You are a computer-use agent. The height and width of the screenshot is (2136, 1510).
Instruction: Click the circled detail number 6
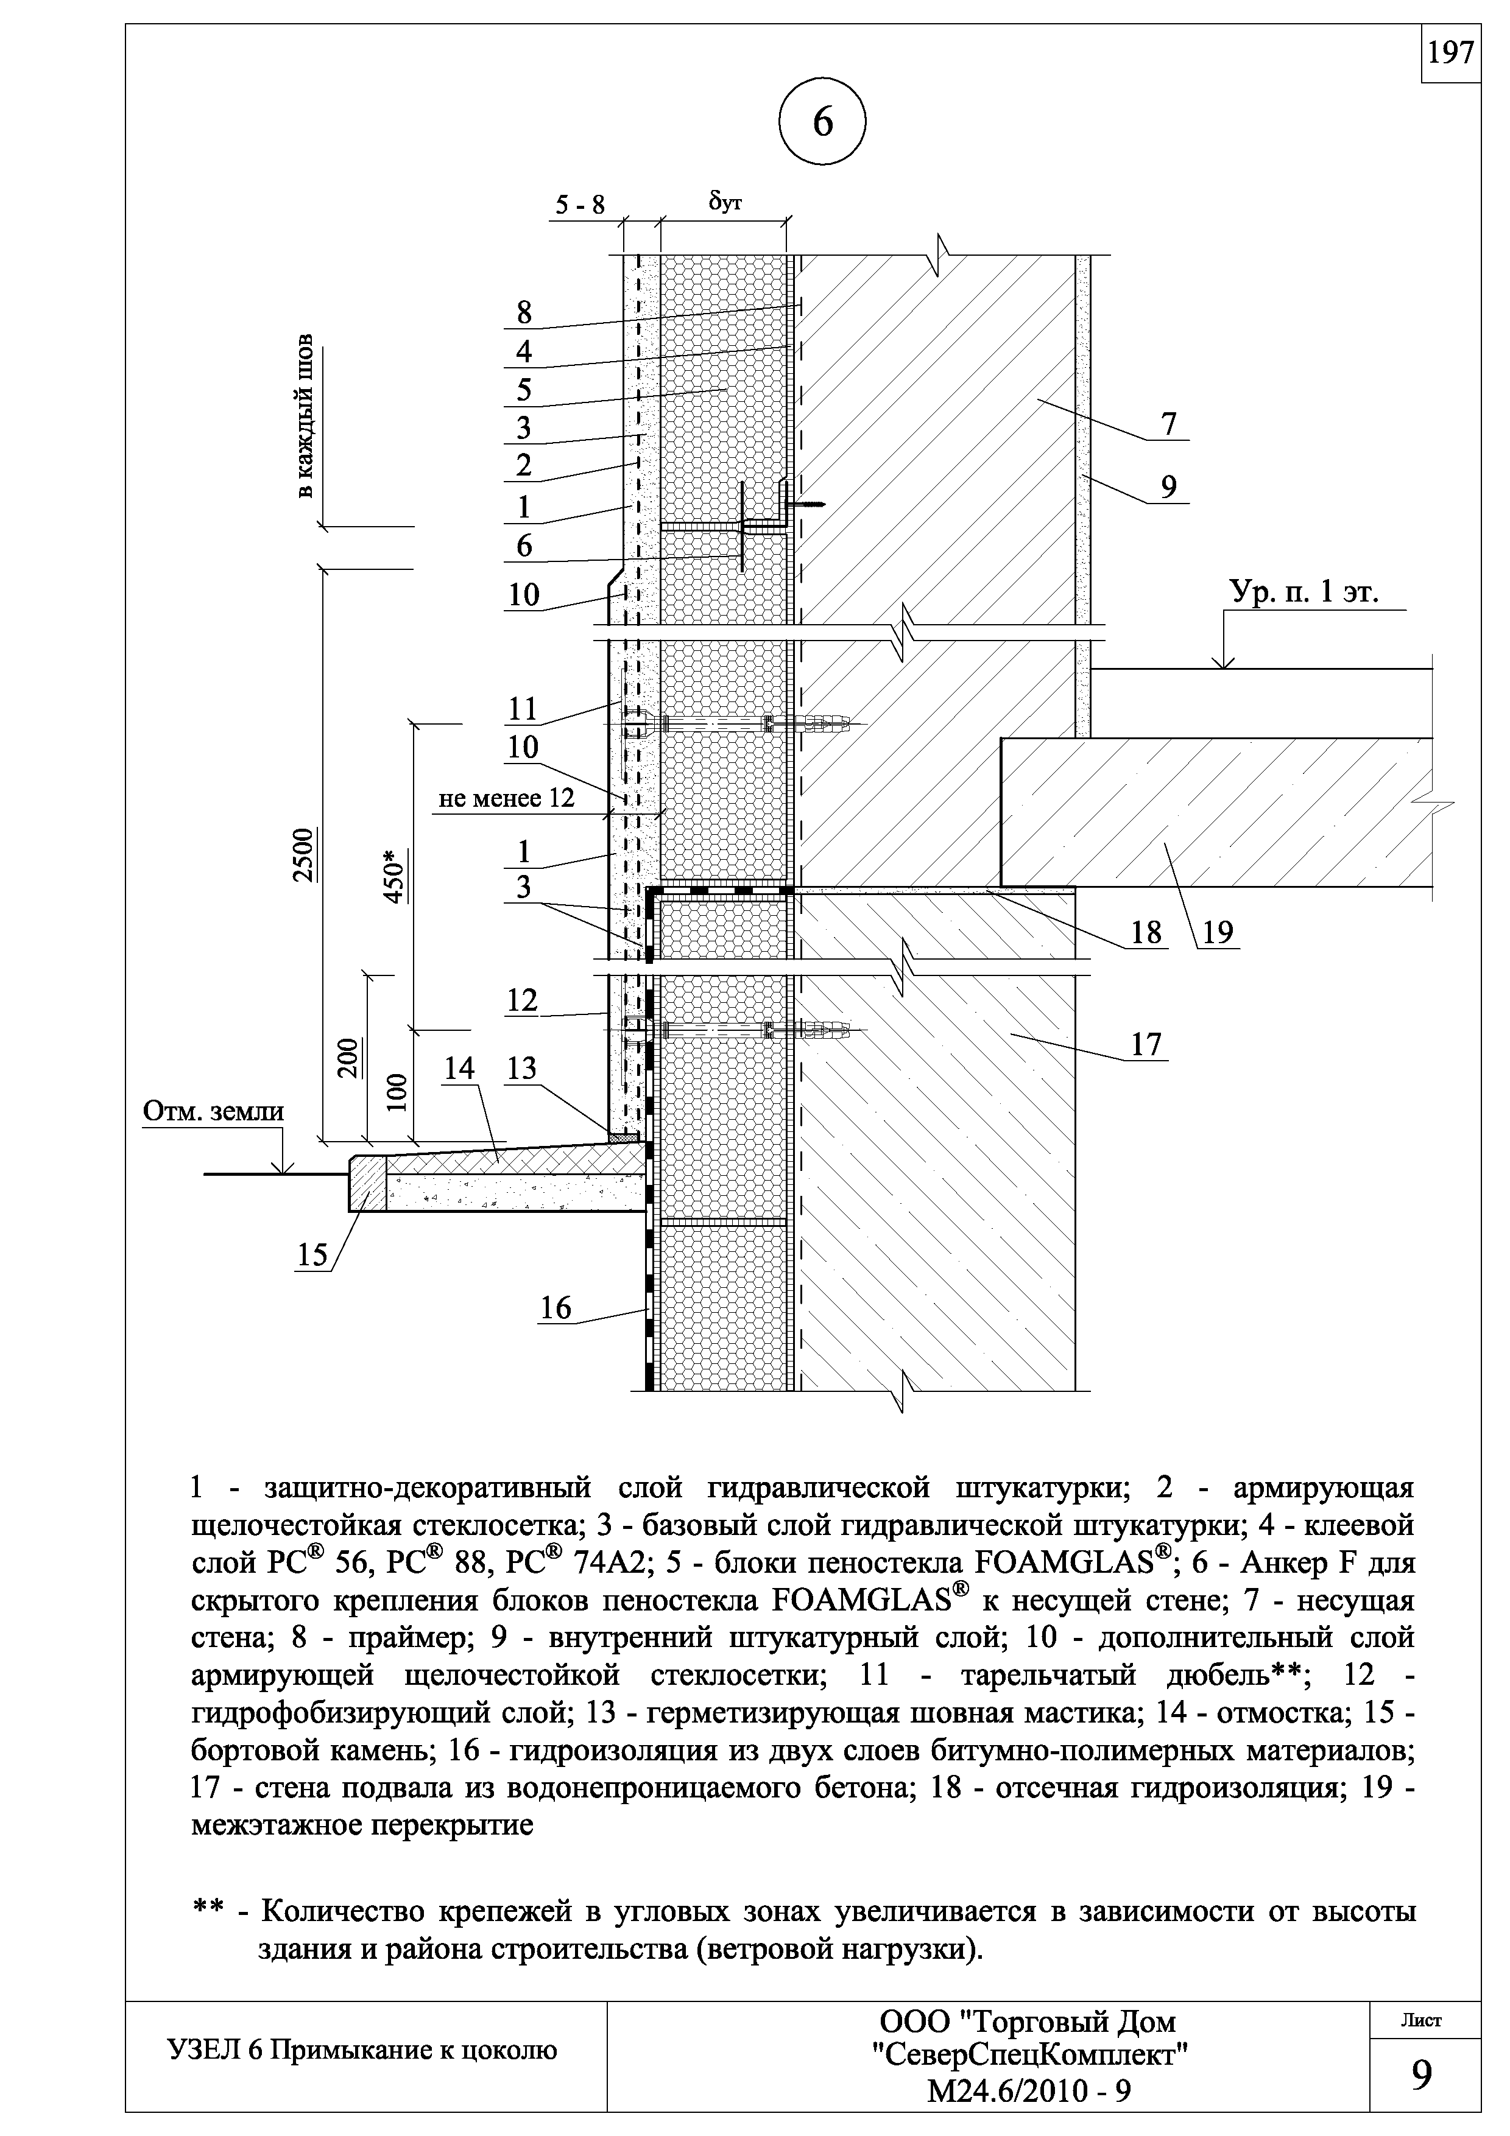click(x=822, y=124)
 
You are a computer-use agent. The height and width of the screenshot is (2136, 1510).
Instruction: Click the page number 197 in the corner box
click(x=1450, y=53)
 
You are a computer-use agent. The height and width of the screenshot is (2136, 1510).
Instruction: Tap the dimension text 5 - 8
click(x=580, y=204)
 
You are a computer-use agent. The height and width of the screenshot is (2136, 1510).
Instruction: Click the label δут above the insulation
click(x=725, y=201)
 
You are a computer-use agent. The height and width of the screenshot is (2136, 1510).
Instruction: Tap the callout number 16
click(x=556, y=1308)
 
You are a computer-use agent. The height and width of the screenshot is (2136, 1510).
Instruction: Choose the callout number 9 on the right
click(x=1168, y=487)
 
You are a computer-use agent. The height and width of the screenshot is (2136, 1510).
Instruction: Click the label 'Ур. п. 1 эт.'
click(x=1304, y=592)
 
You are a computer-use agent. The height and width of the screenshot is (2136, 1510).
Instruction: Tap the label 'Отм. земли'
click(x=213, y=1112)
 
